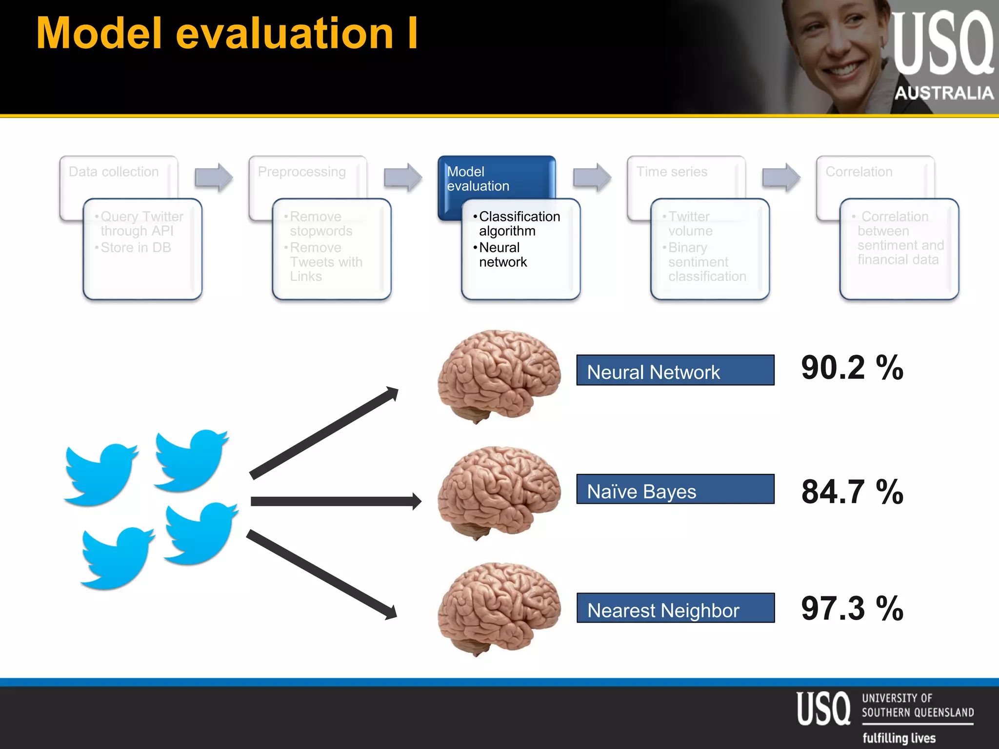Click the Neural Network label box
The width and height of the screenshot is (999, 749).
(675, 370)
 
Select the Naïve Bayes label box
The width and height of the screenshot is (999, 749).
(675, 489)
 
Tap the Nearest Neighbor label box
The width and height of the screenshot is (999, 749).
(675, 608)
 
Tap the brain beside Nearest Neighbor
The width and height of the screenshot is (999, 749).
(499, 608)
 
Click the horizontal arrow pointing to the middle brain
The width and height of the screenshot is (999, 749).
(336, 501)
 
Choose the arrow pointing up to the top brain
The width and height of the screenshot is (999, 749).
(324, 433)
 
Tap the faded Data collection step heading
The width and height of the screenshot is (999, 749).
(114, 172)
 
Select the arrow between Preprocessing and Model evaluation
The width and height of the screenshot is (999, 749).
(402, 177)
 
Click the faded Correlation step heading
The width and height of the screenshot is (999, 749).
(859, 172)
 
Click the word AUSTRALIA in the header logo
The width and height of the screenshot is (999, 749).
(944, 93)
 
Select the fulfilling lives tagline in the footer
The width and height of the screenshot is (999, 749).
(899, 738)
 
